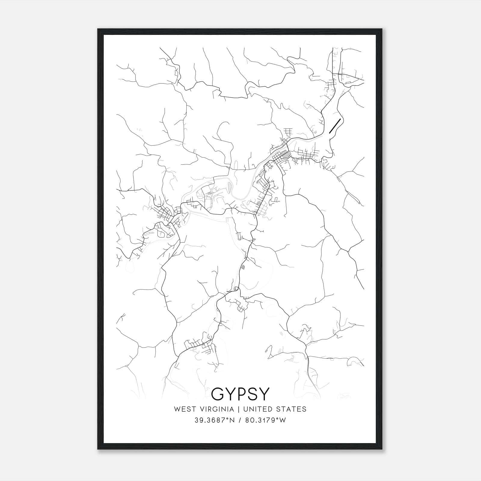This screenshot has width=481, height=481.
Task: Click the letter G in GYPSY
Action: click(x=219, y=394)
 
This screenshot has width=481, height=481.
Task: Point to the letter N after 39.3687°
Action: click(x=233, y=420)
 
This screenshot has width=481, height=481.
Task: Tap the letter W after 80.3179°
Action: click(x=283, y=420)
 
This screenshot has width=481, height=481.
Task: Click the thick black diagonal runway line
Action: click(x=335, y=126)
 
